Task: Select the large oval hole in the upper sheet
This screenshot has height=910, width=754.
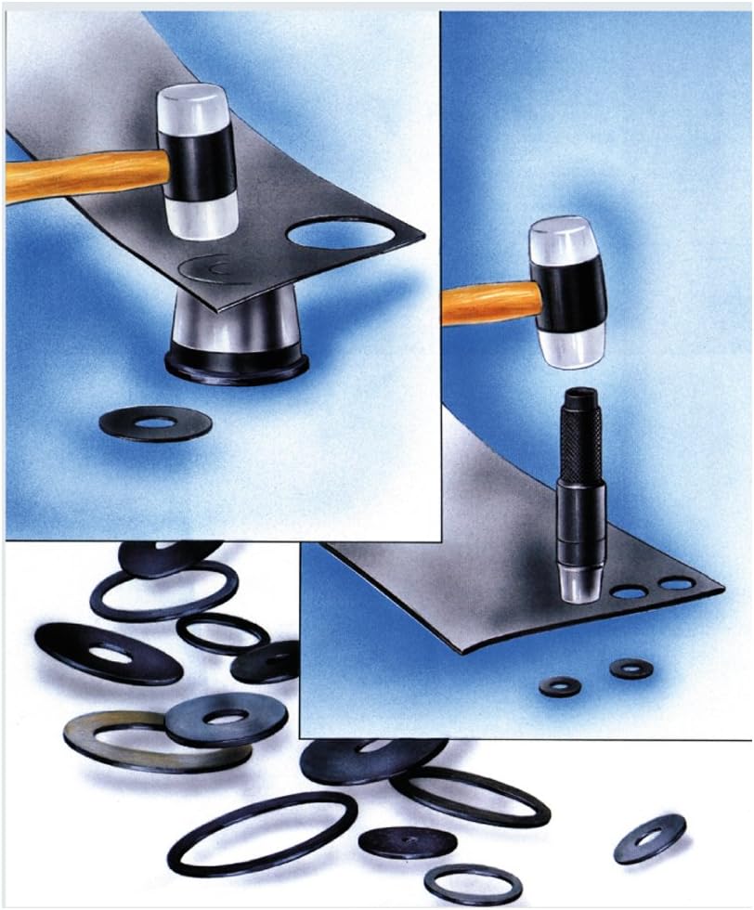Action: [x=340, y=232]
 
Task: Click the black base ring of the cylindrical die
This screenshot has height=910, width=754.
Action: [x=237, y=364]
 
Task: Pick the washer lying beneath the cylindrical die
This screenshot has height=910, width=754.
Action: [x=155, y=423]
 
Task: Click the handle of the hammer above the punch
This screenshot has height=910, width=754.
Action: [x=487, y=303]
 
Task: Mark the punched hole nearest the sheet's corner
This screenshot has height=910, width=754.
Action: [x=676, y=584]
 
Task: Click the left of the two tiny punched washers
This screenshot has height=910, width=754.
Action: [x=560, y=686]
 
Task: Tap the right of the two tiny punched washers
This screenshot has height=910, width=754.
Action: [x=630, y=668]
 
